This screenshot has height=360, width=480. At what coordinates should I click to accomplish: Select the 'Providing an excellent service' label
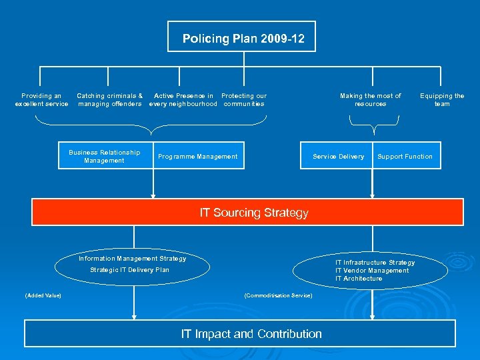coord(41,100)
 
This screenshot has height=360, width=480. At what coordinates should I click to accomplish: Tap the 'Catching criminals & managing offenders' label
coord(110,100)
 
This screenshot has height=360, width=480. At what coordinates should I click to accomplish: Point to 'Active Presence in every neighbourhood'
coord(183,100)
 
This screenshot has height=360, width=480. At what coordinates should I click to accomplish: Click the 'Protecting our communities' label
coord(244,100)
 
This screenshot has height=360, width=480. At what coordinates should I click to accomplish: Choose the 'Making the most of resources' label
coord(371,100)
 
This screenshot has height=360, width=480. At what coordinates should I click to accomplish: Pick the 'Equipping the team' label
coord(442,100)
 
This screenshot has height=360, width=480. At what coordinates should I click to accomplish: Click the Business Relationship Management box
coord(104,157)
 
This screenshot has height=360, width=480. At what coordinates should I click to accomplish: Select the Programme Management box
coord(197,157)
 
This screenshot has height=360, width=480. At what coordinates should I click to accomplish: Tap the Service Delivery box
coord(339,157)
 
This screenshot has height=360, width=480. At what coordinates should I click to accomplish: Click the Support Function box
coord(405,157)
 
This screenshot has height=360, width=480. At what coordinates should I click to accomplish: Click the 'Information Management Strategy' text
coord(133,259)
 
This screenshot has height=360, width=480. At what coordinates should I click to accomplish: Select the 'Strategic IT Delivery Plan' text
coord(130,270)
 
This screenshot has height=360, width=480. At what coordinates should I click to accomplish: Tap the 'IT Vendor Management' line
coord(372,271)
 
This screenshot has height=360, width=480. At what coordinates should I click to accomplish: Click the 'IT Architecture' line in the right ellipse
coord(359,279)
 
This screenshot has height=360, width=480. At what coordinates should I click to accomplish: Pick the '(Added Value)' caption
coord(43,295)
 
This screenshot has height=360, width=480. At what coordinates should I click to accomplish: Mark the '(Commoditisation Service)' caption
coord(278,295)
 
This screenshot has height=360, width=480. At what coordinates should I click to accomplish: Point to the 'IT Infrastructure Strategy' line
coord(375,263)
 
